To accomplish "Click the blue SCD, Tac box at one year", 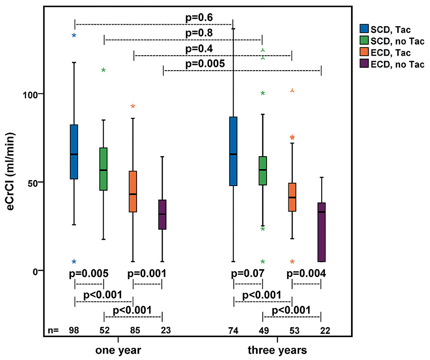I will [74, 152].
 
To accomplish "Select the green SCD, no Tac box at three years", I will [263, 171].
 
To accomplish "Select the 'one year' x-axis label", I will [118, 350].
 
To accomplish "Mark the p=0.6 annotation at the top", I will [199, 18].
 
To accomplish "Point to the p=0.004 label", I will [306, 273].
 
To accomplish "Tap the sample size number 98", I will [74, 331].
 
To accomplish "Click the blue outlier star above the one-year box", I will [74, 36].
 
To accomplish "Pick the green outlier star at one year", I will [103, 71].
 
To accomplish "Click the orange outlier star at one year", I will [133, 107].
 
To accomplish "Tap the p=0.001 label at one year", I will [147, 273].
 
